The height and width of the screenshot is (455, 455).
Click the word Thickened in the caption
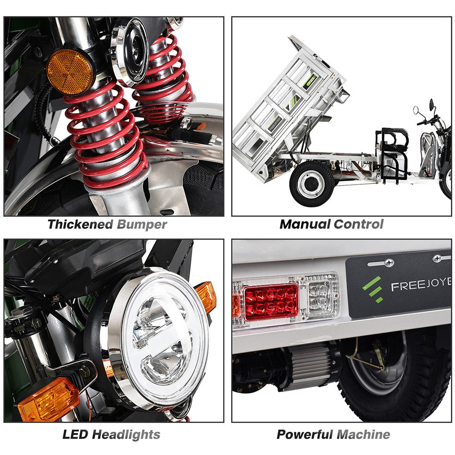[80, 224]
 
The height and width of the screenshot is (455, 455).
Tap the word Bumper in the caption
[142, 224]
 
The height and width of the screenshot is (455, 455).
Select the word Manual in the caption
[304, 224]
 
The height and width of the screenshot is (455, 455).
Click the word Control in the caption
[358, 224]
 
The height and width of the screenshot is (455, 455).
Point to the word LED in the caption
[76, 434]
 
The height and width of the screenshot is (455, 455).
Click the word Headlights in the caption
[126, 434]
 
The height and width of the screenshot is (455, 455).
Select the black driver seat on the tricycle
[394, 143]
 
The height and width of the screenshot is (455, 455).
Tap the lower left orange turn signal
[48, 399]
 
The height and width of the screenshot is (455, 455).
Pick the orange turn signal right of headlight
[206, 296]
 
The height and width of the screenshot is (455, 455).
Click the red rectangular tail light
[271, 302]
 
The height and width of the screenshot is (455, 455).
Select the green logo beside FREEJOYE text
[372, 290]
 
